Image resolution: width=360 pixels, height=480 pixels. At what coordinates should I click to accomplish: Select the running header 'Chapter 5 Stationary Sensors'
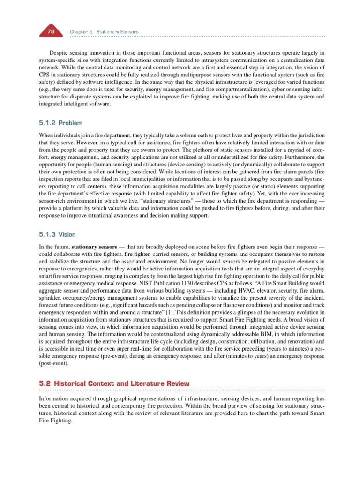[104, 32]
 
